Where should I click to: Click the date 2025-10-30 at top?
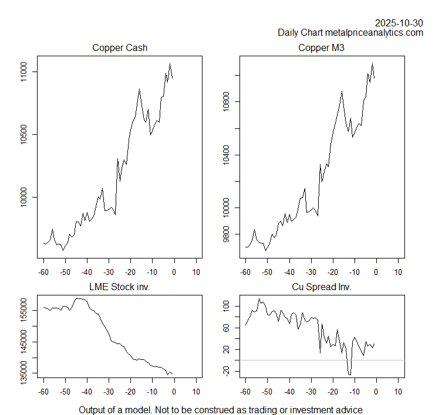(x=399, y=23)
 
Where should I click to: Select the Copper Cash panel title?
(x=120, y=48)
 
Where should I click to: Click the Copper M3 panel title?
(x=321, y=48)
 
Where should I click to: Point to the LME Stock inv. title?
(x=120, y=287)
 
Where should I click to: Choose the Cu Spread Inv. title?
(x=321, y=287)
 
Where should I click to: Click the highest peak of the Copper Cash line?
(x=170, y=64)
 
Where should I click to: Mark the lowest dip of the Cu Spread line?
(x=349, y=374)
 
